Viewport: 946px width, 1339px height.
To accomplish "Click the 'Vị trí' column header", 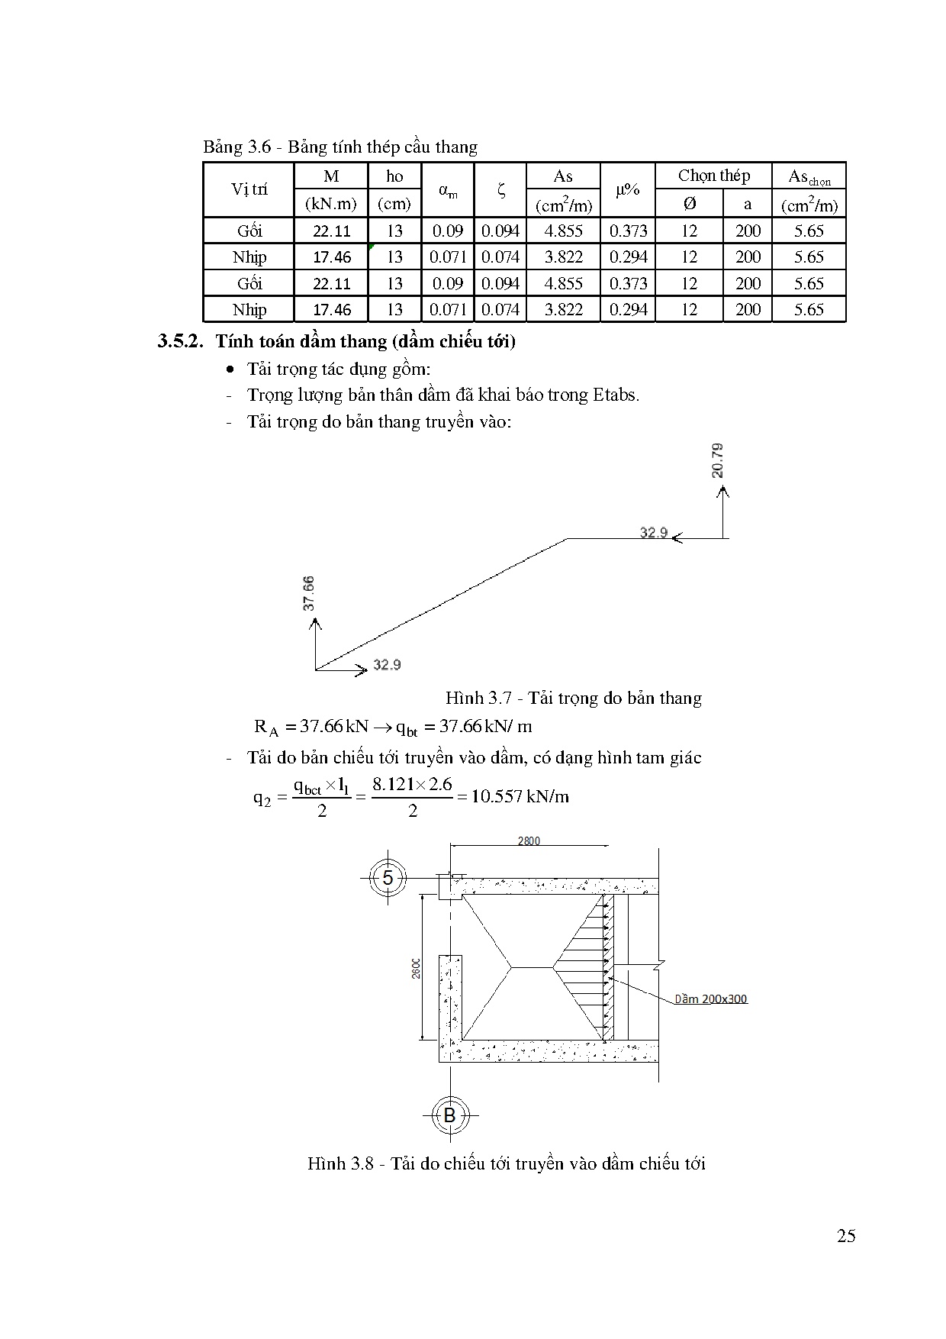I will point(249,190).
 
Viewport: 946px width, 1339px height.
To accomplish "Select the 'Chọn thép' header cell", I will point(713,176).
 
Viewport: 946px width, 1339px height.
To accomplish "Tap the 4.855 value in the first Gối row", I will point(563,231).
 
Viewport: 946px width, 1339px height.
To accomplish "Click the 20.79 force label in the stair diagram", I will point(718,461).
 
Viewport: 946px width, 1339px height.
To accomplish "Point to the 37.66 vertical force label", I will point(308,593).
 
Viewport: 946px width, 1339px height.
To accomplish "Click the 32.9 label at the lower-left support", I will point(387,665).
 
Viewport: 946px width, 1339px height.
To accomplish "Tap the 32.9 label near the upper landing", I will point(653,532).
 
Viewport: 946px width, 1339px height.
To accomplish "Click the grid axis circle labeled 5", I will point(388,878).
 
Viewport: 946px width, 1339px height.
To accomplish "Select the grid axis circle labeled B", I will point(449,1116).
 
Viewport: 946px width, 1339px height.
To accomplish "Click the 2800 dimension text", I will point(529,841).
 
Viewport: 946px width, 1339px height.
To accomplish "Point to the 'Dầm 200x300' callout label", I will point(710,999).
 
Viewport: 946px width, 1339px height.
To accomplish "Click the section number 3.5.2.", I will point(181,341).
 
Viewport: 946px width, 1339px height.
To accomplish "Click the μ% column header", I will point(627,190).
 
